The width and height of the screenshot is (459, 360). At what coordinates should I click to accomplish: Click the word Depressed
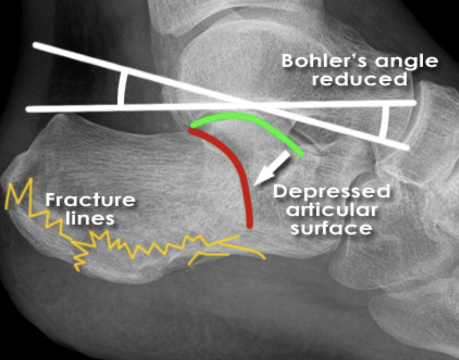[331, 191]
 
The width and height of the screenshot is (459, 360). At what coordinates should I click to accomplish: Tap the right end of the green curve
[302, 153]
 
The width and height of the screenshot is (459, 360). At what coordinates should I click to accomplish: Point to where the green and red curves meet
[191, 129]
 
